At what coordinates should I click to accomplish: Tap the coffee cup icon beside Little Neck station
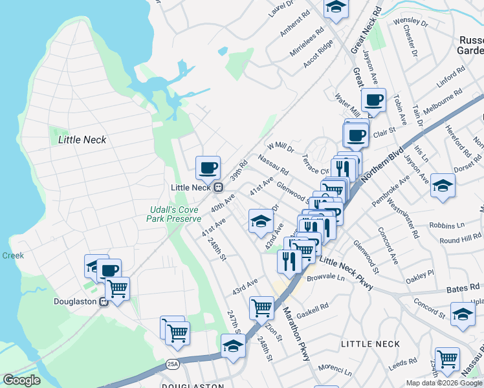pos(208,168)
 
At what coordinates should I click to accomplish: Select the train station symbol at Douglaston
pos(103,302)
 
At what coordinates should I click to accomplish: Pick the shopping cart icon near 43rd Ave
pos(262,308)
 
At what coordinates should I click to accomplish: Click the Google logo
pos(21,380)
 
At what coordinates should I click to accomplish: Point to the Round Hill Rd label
pos(460,239)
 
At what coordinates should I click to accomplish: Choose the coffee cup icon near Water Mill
pos(373,100)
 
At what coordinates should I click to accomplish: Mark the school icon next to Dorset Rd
pos(443,186)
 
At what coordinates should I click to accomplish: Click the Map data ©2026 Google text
pos(445,383)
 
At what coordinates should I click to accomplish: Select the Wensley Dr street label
pos(415,23)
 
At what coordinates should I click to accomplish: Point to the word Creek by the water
pos(13,255)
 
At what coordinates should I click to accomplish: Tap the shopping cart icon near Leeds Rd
pos(447,358)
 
